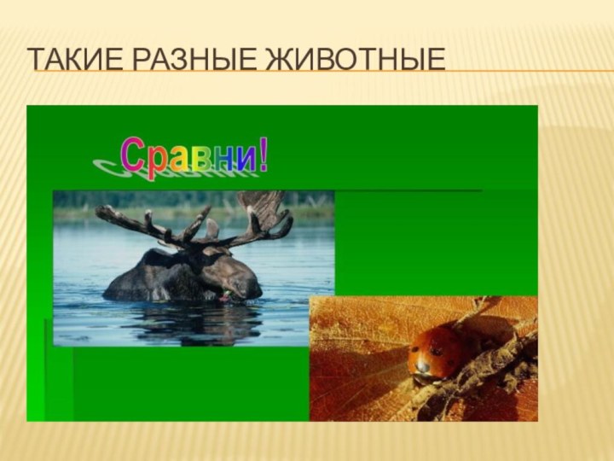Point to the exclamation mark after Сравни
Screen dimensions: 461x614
pyautogui.click(x=264, y=155)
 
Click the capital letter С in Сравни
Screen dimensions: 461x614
pyautogui.click(x=132, y=155)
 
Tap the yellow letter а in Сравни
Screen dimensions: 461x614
pyautogui.click(x=179, y=159)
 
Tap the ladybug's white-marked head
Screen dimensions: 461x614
pyautogui.click(x=423, y=365)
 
